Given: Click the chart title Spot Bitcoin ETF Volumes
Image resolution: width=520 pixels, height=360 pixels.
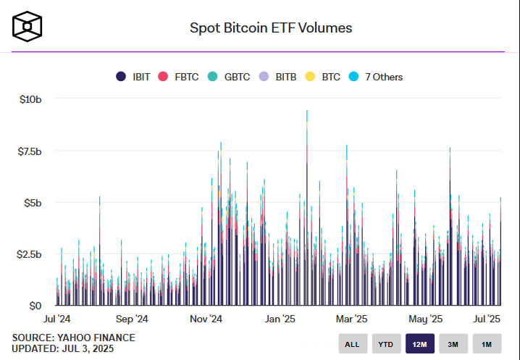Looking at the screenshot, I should pyautogui.click(x=270, y=28).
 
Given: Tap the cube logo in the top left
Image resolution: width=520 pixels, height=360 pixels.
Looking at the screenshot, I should pyautogui.click(x=28, y=27).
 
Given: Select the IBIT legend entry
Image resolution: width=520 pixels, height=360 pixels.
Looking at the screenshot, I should pyautogui.click(x=133, y=77).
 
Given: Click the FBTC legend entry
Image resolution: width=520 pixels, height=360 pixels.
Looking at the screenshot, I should pyautogui.click(x=180, y=77).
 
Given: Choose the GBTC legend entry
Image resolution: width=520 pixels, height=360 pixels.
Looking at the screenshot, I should pyautogui.click(x=230, y=77).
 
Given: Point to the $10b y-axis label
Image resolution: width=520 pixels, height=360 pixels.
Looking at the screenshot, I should pyautogui.click(x=30, y=99).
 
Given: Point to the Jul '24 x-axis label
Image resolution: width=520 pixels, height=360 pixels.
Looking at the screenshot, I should pyautogui.click(x=56, y=319).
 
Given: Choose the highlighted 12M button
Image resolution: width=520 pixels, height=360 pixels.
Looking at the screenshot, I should pyautogui.click(x=420, y=344).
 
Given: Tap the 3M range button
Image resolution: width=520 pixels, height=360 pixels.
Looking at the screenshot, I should pyautogui.click(x=453, y=344).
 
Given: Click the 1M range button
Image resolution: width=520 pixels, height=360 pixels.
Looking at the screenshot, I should pyautogui.click(x=487, y=344).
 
